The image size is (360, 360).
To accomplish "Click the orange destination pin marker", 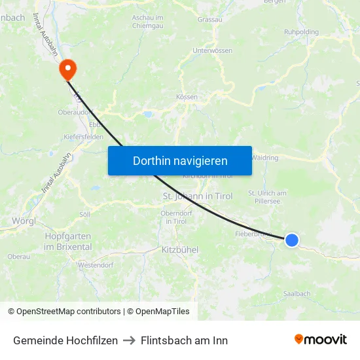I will pos(67,69).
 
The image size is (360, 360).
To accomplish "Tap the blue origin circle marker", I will pos(292,241).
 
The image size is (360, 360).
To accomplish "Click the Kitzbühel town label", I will pos(179,250).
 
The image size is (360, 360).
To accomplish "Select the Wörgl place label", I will pos(24,221).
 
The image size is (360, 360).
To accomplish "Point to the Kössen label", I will pos(187,97).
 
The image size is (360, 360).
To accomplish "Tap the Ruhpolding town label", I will pos(301,31).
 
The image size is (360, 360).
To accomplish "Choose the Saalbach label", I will pos(297,294).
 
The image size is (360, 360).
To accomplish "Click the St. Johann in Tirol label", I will pos(197,196).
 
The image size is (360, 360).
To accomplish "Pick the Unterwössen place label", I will pos(213,50).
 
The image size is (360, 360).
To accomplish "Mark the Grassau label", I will pos(209,20).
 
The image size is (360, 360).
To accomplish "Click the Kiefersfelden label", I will pos(84,137).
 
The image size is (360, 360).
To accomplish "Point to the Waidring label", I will pos(264,158).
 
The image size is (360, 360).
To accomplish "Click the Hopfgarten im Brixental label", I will pos(67,241).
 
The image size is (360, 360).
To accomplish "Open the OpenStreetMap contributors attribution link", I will pos(69,312).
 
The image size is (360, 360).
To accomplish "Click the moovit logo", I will pos(321,340).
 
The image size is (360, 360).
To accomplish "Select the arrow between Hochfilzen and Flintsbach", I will pos(129,340).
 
